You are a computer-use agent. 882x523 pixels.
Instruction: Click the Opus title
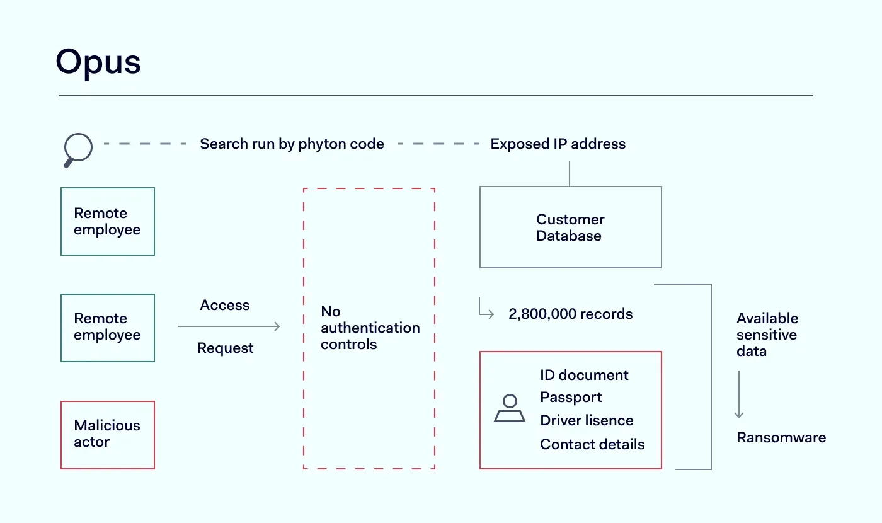(98, 62)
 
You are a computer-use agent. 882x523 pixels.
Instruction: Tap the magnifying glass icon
(78, 151)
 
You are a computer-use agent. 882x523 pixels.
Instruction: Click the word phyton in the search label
(324, 144)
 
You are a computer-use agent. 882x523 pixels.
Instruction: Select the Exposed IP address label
(558, 144)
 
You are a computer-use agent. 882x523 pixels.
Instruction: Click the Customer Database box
(570, 227)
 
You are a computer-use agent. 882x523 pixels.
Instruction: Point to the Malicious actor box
(107, 435)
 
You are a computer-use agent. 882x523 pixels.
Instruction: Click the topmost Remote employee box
(107, 221)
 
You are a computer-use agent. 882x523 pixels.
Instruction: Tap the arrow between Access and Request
(229, 326)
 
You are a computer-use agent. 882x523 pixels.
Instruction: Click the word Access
(225, 306)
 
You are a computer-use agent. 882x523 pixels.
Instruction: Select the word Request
(225, 348)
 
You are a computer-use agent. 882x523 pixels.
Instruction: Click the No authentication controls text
(370, 328)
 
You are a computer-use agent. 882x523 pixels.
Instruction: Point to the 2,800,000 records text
(570, 314)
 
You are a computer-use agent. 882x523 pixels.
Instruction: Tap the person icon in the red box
(510, 409)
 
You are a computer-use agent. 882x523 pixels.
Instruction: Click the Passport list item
(571, 398)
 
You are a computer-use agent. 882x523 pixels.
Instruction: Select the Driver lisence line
(587, 421)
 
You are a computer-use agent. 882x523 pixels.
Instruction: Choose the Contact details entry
(592, 444)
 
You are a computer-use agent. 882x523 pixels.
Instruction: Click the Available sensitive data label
(767, 335)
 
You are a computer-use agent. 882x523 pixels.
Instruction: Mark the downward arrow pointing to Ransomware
(739, 394)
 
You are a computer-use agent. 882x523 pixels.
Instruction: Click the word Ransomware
(781, 438)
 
